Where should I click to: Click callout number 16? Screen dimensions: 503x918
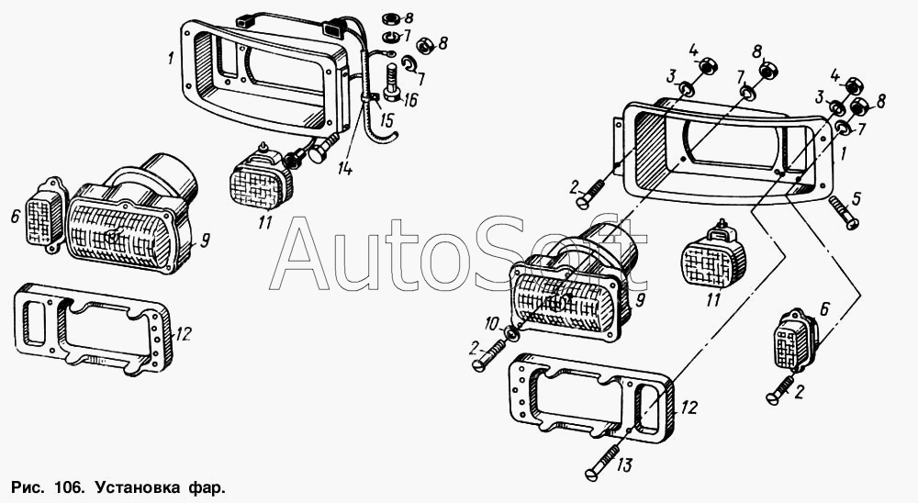[x=409, y=100]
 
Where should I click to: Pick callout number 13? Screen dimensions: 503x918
[x=623, y=465]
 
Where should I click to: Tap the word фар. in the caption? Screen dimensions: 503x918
[x=206, y=486]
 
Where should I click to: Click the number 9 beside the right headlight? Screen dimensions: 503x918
[x=639, y=298]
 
